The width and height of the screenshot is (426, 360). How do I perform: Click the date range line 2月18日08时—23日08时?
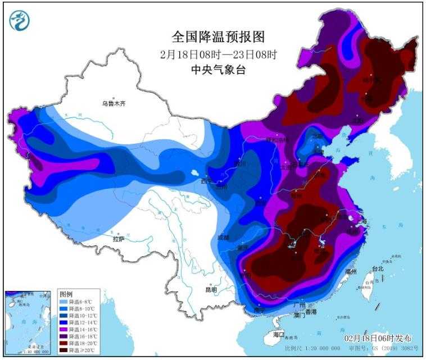click(219, 54)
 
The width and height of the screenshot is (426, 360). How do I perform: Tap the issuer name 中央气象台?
click(219, 70)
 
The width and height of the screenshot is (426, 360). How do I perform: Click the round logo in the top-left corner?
click(20, 20)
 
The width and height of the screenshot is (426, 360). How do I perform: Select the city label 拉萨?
click(119, 239)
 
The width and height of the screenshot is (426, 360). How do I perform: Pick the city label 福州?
click(351, 271)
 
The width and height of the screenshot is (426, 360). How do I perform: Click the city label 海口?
click(279, 335)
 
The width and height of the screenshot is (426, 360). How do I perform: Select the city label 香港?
click(311, 311)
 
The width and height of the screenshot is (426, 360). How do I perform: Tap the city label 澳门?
click(298, 316)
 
